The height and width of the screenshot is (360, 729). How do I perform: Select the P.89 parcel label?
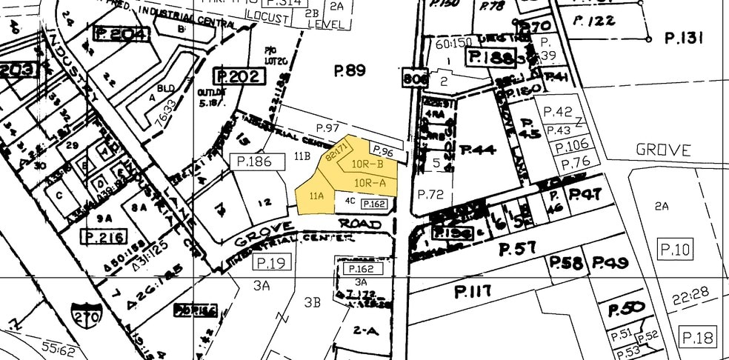point(350,71)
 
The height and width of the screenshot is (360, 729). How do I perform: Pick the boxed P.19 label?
point(270,262)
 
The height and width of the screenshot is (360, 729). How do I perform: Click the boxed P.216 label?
point(102,238)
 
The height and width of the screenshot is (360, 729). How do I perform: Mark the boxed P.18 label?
point(697,339)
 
